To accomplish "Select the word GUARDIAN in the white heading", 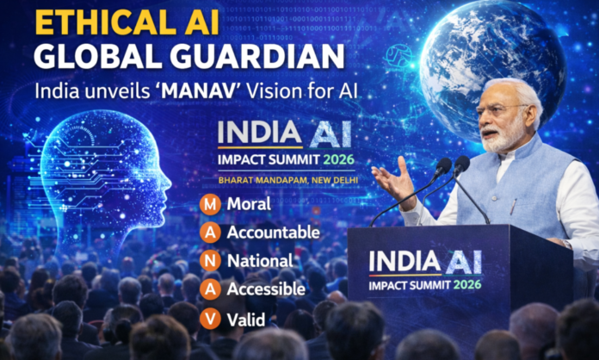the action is click(257, 57).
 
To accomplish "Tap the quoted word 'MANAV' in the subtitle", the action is click(198, 91).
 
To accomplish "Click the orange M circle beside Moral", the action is click(210, 204).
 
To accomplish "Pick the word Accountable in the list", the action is click(273, 233).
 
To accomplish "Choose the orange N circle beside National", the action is click(210, 261).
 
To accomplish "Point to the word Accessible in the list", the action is click(266, 289).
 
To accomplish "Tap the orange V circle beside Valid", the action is click(210, 319).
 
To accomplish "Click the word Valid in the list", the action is click(246, 320).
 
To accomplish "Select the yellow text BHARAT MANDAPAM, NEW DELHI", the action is click(288, 180).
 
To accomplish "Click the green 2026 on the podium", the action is click(467, 285).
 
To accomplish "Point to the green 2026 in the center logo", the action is click(339, 159).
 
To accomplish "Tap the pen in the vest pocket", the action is click(513, 207).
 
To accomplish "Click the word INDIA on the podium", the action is click(405, 262).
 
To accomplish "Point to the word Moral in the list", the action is click(249, 204).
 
